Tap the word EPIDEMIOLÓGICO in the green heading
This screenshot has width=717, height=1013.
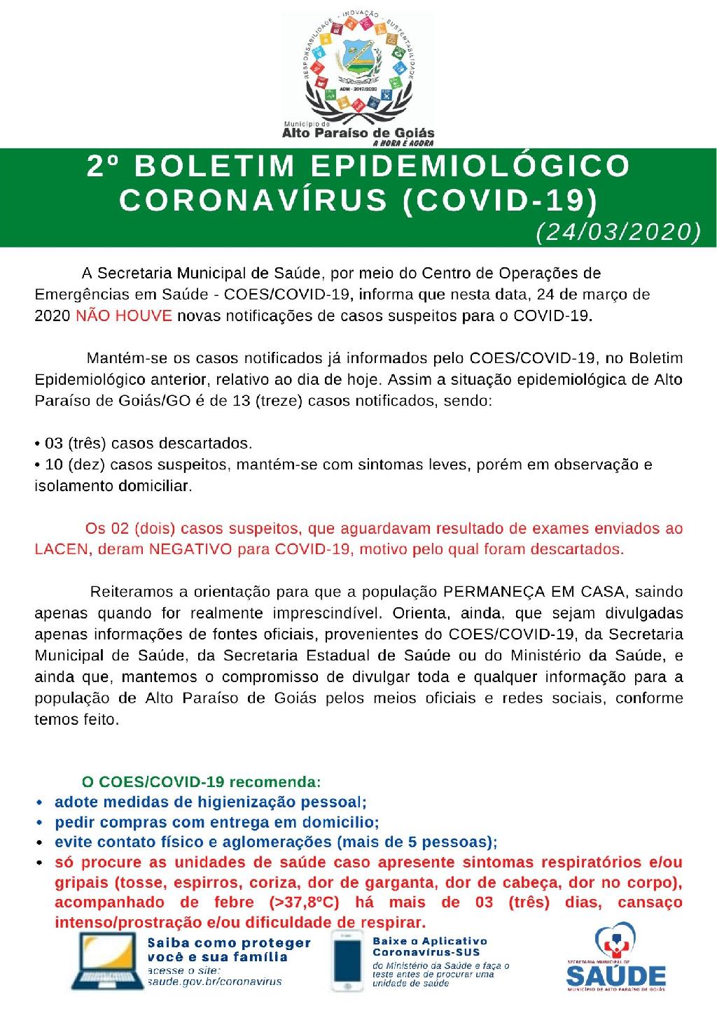[x=470, y=166]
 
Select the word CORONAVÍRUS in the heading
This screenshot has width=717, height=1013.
[x=253, y=199]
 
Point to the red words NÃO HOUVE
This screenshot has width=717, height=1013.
[x=124, y=315]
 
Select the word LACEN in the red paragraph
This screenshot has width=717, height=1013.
[x=62, y=549]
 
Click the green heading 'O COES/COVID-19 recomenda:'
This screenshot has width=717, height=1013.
[x=202, y=781]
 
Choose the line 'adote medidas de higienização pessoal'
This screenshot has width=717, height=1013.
[x=210, y=802]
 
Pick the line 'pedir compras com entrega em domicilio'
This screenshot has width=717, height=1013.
[x=217, y=822]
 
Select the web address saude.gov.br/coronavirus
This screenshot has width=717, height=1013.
[x=214, y=982]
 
